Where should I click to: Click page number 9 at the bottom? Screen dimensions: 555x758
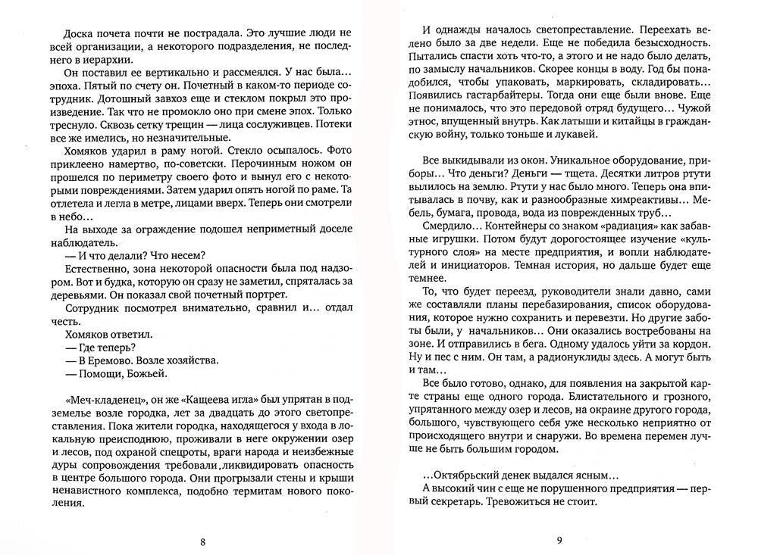click(558, 541)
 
